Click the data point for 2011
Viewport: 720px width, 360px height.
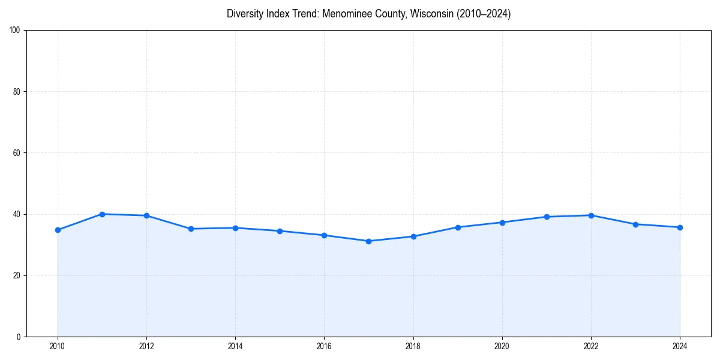pos(102,214)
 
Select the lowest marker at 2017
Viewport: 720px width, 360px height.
pos(368,241)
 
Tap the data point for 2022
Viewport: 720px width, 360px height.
pos(591,215)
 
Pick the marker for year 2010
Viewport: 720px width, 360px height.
pos(58,230)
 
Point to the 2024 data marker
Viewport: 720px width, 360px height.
pos(680,227)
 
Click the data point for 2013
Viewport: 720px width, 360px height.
pos(191,229)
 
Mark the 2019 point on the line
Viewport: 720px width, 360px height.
pos(458,227)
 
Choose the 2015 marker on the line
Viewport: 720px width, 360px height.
pos(280,231)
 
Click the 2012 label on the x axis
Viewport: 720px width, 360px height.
pos(146,346)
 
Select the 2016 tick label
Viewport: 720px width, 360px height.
pos(324,346)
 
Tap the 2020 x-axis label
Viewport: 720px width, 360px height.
pos(502,346)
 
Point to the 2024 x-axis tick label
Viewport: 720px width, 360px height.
pos(680,346)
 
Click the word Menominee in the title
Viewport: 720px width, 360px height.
pos(343,14)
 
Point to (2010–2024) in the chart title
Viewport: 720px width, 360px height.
pos(484,14)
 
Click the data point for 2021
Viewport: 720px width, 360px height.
pos(547,217)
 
